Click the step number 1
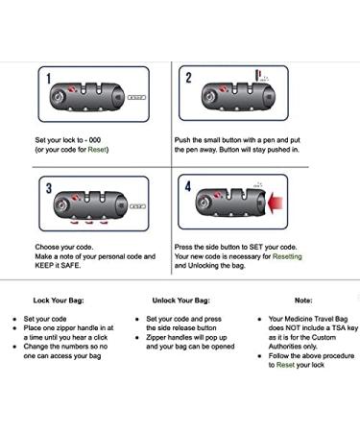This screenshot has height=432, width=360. (49, 79)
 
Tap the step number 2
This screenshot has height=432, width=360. (188, 78)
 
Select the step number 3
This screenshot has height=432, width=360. (49, 188)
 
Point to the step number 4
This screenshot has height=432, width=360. (188, 186)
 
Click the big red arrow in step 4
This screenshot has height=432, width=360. (275, 203)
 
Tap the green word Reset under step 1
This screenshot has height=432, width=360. (97, 150)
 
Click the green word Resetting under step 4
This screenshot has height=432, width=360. (287, 256)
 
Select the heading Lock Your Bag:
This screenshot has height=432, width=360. (59, 300)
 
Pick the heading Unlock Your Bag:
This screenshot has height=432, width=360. (180, 300)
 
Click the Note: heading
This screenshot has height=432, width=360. (303, 300)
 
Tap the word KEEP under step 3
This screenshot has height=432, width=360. (44, 265)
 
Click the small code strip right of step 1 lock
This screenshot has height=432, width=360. (136, 97)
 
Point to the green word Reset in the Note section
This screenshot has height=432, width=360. (285, 365)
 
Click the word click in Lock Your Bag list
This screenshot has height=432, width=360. (101, 337)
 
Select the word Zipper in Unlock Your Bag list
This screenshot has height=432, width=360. (156, 338)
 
